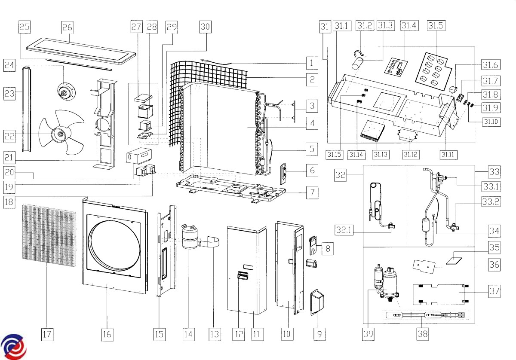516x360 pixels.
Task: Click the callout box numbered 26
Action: click(x=68, y=27)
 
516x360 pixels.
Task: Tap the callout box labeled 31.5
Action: click(x=436, y=25)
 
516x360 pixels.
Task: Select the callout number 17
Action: click(x=47, y=334)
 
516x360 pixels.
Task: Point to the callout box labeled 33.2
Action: click(x=491, y=201)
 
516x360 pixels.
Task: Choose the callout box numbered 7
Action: click(x=312, y=192)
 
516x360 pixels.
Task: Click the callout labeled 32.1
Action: click(x=344, y=230)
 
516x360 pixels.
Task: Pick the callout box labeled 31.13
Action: click(x=381, y=155)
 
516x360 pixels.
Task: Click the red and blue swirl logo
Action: click(x=13, y=347)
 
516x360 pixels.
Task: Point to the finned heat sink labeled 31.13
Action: click(x=373, y=131)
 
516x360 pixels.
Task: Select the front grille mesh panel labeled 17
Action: click(x=49, y=235)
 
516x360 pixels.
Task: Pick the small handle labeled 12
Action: click(x=243, y=275)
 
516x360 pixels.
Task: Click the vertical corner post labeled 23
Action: click(x=27, y=110)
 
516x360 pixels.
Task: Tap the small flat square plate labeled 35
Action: click(x=454, y=261)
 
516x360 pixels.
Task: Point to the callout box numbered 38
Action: click(x=423, y=334)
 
